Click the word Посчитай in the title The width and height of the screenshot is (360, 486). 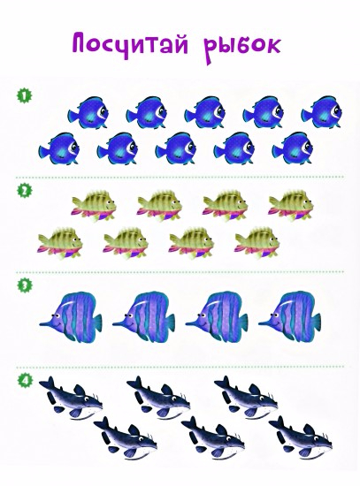pos(130,44)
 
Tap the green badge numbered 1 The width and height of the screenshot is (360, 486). pos(24,95)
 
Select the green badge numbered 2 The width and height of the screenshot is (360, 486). pos(24,190)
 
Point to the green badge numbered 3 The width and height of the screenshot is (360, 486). pos(24,285)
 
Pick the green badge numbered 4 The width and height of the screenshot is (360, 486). pos(24,380)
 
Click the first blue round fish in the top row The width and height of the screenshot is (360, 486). pos(88,112)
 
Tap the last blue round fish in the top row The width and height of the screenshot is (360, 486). pos(321,112)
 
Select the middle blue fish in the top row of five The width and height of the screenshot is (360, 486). pos(205,112)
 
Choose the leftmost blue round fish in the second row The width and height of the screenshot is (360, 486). pos(59,148)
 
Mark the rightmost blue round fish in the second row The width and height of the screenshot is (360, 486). pos(293,148)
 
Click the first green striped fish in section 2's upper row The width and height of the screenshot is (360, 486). pos(94,205)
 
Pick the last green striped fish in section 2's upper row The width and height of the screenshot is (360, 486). pos(291,205)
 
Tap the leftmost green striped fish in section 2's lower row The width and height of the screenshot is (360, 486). pos(60,242)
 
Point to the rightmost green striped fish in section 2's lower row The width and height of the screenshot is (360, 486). pos(257,242)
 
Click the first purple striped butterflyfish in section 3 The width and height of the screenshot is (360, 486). pos(71,316)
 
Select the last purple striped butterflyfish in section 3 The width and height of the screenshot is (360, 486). pos(290,316)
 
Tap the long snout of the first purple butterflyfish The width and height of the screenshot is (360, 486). pos(47,323)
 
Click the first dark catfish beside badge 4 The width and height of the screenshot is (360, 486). pos(71,398)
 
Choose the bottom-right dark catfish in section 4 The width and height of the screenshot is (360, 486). pos(301,437)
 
